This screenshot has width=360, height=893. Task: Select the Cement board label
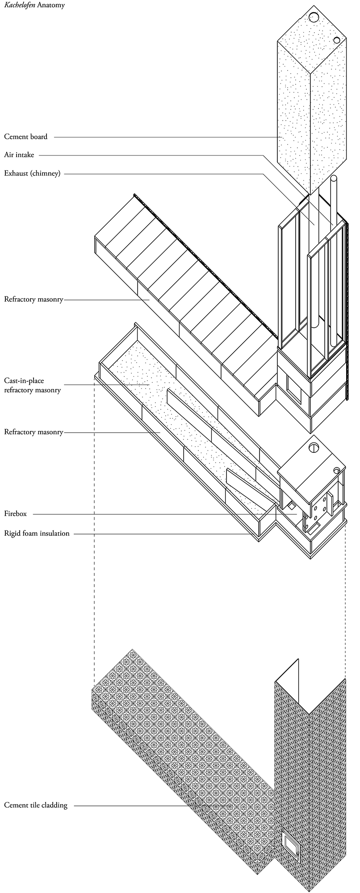tap(25, 137)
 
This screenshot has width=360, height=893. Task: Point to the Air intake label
tap(19, 155)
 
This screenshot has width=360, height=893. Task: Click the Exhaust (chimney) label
tap(32, 173)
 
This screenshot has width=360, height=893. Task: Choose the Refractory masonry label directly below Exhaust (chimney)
tap(33, 300)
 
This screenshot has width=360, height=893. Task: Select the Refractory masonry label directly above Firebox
tap(33, 432)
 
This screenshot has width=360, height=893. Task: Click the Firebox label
tap(16, 514)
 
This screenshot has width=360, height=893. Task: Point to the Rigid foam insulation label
tap(37, 533)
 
